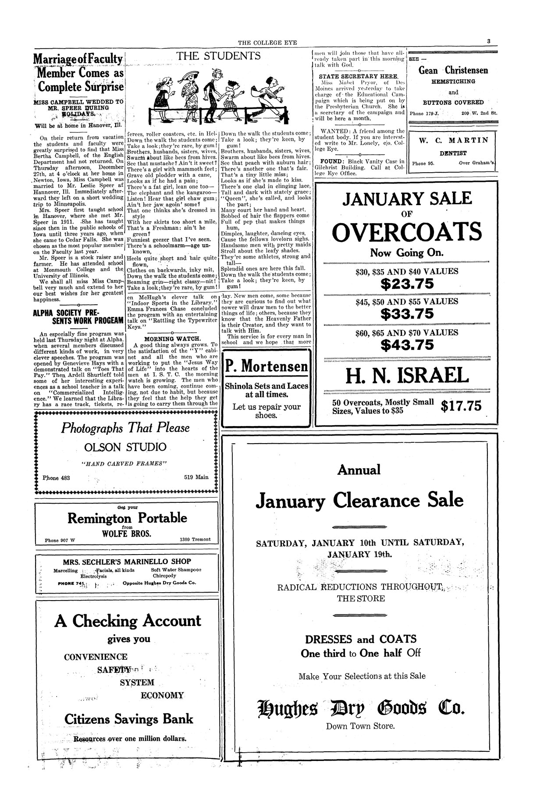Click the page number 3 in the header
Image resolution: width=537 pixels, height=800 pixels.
tap(488, 42)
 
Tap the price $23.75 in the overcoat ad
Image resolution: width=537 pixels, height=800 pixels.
tap(407, 284)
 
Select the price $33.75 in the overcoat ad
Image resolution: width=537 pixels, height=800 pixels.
tap(407, 314)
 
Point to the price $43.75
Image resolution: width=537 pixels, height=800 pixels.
tap(407, 345)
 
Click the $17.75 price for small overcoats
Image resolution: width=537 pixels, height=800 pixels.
tap(461, 406)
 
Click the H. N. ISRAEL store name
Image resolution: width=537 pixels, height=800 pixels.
tap(407, 376)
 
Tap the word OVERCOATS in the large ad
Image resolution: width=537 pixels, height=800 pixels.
tap(406, 232)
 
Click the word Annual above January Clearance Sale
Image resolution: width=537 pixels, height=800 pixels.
tap(359, 470)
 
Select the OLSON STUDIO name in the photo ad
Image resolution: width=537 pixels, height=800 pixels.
tap(126, 447)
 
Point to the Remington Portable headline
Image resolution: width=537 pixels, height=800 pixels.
tap(127, 518)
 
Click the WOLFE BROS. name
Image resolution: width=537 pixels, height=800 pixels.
tap(127, 533)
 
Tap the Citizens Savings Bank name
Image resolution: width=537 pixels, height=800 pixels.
tap(128, 719)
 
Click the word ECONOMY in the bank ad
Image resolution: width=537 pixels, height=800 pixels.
tap(162, 695)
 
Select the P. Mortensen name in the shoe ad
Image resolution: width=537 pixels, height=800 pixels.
tap(267, 366)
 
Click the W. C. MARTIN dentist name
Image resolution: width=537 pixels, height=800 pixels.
tap(453, 141)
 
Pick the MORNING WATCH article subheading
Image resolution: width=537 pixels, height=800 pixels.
tap(173, 338)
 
